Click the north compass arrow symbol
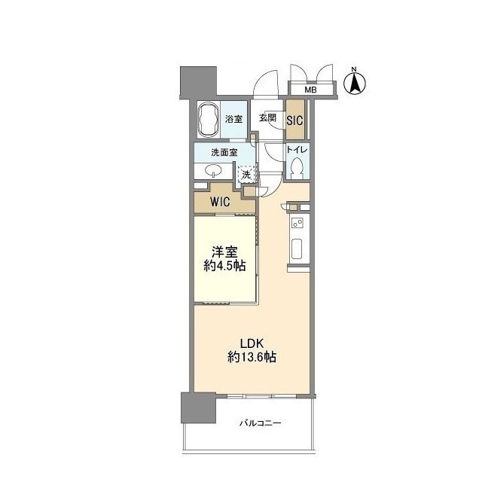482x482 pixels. point(355,83)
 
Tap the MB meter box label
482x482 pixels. point(310,90)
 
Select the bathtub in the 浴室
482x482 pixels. point(209,119)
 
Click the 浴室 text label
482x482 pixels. point(233,119)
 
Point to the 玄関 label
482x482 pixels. point(267,117)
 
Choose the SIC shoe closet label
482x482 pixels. point(294,120)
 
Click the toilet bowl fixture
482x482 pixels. point(297,168)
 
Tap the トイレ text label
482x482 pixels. point(297,150)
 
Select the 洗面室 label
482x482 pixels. point(224,152)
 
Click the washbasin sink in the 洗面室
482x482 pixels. point(213,170)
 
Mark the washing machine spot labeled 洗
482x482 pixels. point(246,175)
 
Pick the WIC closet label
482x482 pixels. point(220,202)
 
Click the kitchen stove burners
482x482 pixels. point(297,223)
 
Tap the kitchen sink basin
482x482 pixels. point(297,249)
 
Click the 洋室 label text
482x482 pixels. point(224,252)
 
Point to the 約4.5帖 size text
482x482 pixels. point(224,266)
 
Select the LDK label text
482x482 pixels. point(252,343)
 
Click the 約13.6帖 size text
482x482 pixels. point(252,357)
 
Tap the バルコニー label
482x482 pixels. point(261,423)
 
